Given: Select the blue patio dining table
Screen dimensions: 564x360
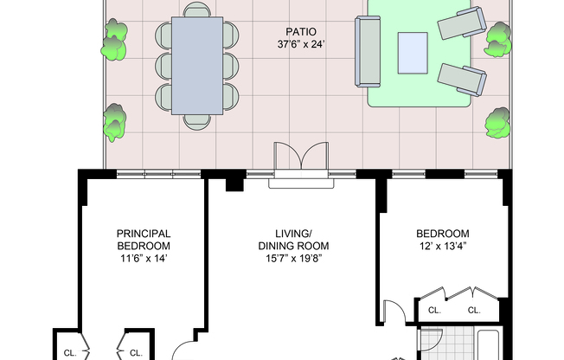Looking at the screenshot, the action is pyautogui.click(x=197, y=66).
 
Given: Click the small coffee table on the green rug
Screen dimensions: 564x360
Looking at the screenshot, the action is pyautogui.click(x=413, y=53).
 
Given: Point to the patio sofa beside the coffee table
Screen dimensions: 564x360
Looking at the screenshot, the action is pyautogui.click(x=368, y=51).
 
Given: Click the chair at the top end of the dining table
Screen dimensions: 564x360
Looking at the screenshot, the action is pyautogui.click(x=196, y=10).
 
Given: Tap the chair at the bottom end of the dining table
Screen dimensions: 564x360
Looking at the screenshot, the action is pyautogui.click(x=196, y=122).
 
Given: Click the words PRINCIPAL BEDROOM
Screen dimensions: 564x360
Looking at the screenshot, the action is pyautogui.click(x=144, y=240).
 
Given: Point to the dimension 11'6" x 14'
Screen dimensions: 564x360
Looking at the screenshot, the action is pyautogui.click(x=144, y=259).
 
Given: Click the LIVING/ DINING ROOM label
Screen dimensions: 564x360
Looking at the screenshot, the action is pyautogui.click(x=293, y=240).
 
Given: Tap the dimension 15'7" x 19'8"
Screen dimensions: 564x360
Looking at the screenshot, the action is pyautogui.click(x=293, y=259).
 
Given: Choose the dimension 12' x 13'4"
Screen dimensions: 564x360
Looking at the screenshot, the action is pyautogui.click(x=442, y=247).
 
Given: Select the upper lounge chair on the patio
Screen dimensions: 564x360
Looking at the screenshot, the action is pyautogui.click(x=462, y=22).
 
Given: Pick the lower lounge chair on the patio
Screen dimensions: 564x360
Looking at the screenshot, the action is pyautogui.click(x=462, y=80).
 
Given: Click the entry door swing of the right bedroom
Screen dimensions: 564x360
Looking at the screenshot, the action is pyautogui.click(x=394, y=312).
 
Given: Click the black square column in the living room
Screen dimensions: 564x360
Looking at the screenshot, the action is pyautogui.click(x=235, y=184).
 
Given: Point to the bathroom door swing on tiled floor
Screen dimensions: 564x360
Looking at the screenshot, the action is pyautogui.click(x=432, y=340).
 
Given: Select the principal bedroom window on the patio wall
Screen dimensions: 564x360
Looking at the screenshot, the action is pyautogui.click(x=158, y=174).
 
